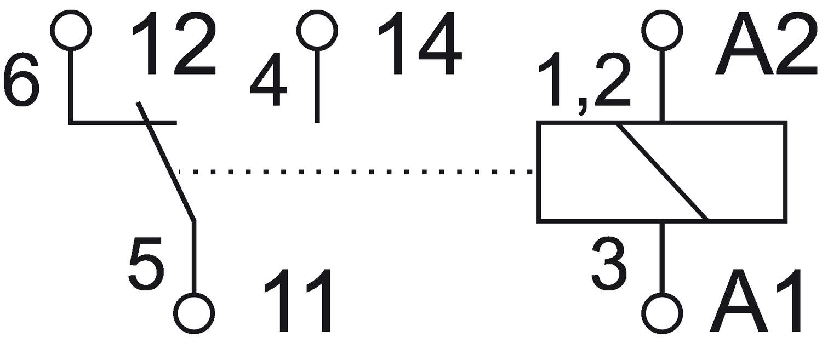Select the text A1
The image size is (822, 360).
[756, 301]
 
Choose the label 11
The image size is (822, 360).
[298, 301]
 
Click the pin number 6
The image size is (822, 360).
[21, 81]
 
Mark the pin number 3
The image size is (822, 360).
[609, 264]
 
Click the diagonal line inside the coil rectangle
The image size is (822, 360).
[662, 172]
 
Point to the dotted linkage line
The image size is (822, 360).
[355, 172]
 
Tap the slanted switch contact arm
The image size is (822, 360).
[165, 162]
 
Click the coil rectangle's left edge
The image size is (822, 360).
[538, 172]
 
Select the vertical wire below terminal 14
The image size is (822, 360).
[317, 86]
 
